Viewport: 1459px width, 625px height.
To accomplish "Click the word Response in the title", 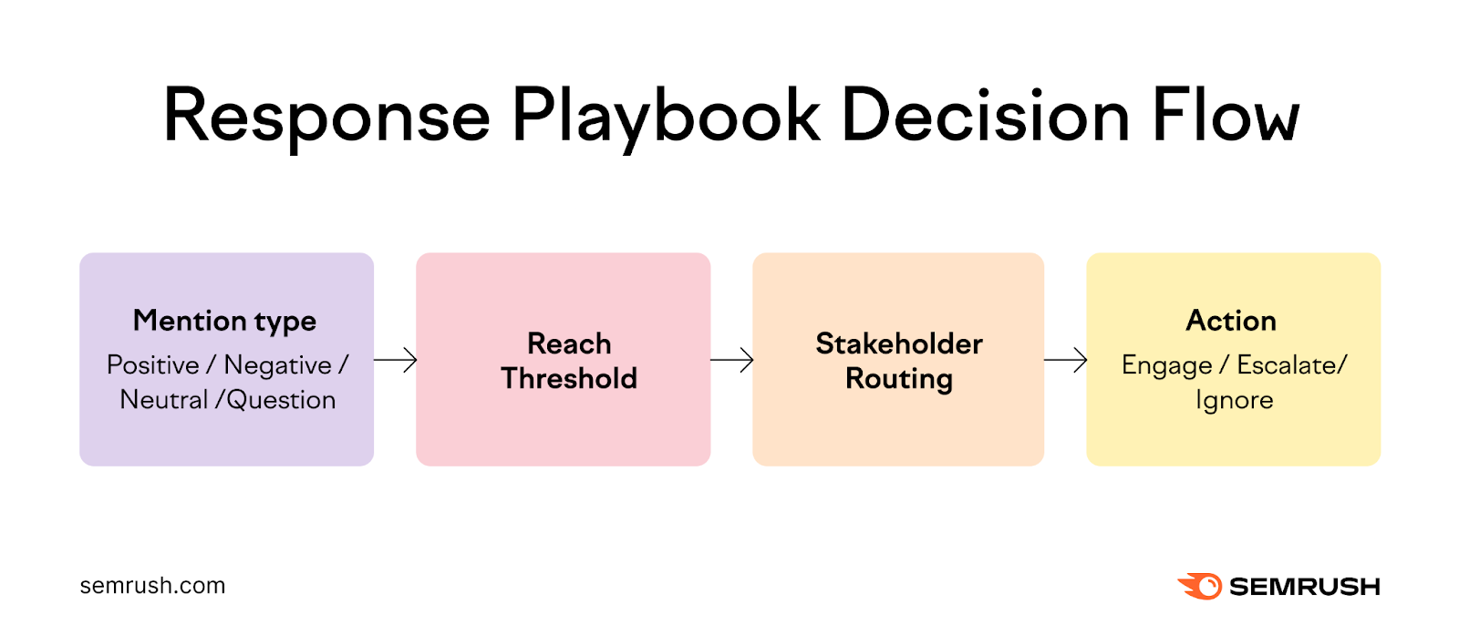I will pos(326,117).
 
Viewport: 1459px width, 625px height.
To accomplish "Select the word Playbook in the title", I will pos(666,117).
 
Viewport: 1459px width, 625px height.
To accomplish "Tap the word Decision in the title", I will pos(985,117).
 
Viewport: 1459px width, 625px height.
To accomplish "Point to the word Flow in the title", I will pos(1226,117).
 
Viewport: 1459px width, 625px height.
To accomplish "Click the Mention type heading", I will pos(224,321).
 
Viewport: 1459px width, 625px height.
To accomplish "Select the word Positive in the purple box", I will pos(152,365).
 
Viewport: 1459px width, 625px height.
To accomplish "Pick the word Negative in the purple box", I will pos(278,365).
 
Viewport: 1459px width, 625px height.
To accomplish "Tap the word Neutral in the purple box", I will pos(163,400).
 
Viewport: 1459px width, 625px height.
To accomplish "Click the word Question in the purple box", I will pos(282,400).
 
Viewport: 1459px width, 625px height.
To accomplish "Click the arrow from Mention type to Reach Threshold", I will pos(395,360).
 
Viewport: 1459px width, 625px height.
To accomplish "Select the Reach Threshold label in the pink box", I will pos(569,361).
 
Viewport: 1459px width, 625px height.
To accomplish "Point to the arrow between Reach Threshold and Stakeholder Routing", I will pos(731,360).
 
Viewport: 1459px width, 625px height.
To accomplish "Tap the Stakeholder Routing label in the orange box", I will pos(899,361).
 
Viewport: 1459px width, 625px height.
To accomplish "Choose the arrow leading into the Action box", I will pos(1065,360).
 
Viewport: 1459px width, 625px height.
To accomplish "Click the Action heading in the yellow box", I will pos(1231,321).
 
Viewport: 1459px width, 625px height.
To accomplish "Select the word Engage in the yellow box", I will pos(1166,365).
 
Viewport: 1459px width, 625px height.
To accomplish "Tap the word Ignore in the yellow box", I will pos(1234,400).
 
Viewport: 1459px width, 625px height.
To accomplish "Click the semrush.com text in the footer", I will pos(152,586).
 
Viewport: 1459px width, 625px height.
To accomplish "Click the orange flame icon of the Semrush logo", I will pos(1200,586).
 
